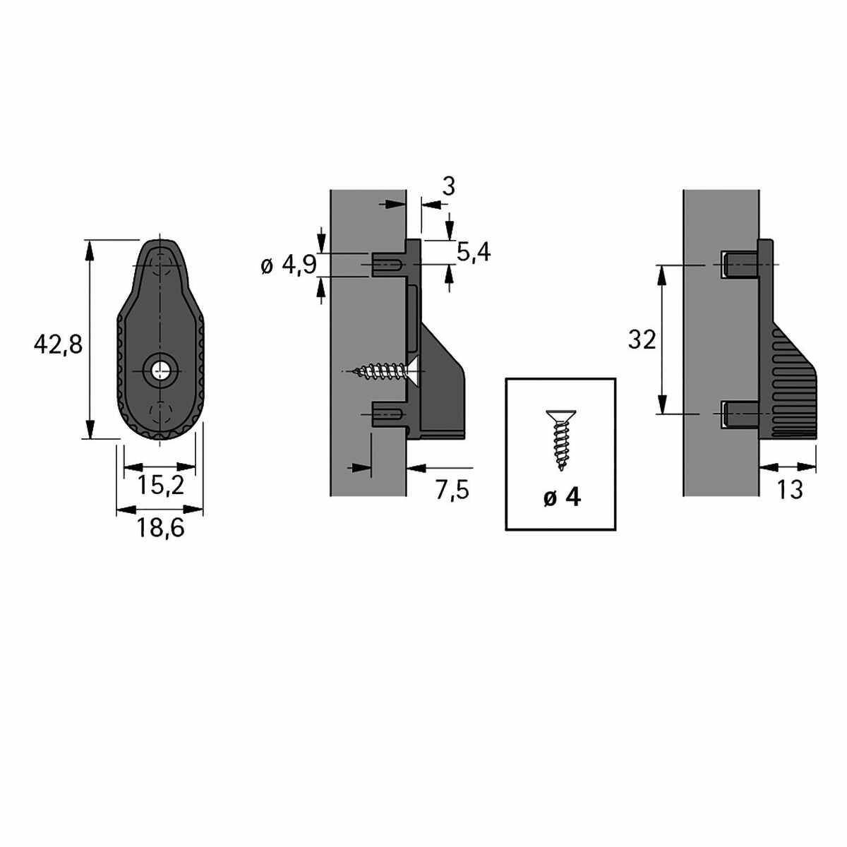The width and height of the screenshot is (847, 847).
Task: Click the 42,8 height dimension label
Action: [x=58, y=344]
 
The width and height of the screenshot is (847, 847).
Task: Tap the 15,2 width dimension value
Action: [x=160, y=485]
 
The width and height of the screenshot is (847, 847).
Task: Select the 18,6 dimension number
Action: [x=160, y=527]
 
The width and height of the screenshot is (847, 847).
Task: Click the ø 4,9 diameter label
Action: [x=289, y=265]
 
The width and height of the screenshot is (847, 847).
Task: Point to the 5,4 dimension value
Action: [x=474, y=252]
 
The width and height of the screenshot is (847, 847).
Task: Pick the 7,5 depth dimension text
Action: [x=452, y=489]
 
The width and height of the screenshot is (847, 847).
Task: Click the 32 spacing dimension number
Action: [x=642, y=340]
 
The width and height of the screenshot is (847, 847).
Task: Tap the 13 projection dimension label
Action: [x=790, y=489]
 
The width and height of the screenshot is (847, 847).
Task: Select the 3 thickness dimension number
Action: [x=448, y=187]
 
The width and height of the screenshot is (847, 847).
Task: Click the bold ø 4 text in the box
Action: [x=562, y=498]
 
